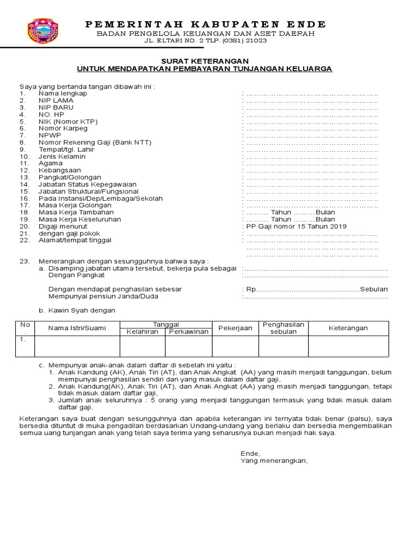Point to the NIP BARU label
click(x=56, y=108)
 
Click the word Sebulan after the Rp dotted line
click(x=374, y=289)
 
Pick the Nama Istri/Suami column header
click(x=76, y=328)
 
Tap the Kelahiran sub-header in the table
click(x=142, y=332)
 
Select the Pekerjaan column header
click(x=235, y=328)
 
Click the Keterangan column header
click(x=348, y=328)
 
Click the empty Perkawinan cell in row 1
click(x=188, y=346)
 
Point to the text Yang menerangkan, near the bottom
click(x=274, y=461)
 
